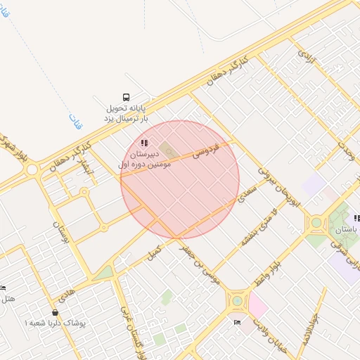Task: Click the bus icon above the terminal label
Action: (x=125, y=98)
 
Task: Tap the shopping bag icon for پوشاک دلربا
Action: (x=55, y=312)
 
